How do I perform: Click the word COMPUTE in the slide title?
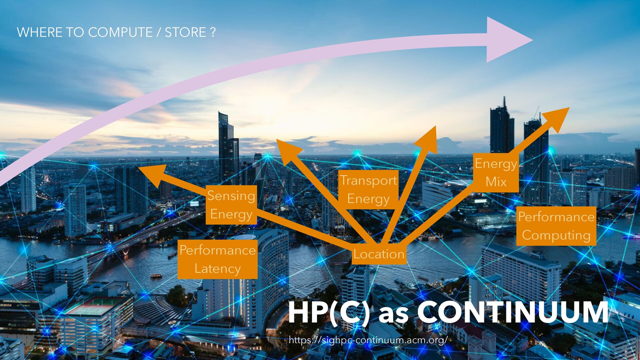point(120,32)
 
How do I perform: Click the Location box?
point(379,254)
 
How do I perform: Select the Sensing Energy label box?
point(231,205)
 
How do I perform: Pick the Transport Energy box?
point(368,189)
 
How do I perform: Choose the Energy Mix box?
point(496,173)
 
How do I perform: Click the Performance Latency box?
point(217,259)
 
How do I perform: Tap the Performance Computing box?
point(556,226)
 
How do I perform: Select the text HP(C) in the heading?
point(329,312)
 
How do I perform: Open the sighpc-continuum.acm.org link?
point(368,340)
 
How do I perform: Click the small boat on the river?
point(156,276)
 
